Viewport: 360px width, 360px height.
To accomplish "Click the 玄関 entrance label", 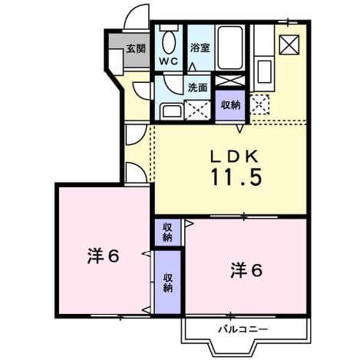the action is coord(136,48).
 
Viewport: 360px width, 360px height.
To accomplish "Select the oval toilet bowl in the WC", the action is coord(169,42).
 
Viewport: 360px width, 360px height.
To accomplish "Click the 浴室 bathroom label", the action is coord(200,48).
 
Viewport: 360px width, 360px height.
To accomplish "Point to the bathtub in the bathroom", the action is coord(230,48).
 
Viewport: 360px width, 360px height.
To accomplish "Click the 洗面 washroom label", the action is coord(197,88).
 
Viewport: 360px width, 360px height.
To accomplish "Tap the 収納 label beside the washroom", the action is coord(230,104).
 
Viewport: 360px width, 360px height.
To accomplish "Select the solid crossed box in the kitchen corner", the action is coord(289,45).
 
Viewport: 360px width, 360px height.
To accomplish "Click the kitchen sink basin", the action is coord(264,72).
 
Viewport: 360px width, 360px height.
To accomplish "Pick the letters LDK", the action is coord(234,157).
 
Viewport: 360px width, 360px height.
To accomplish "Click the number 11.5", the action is coord(236,177).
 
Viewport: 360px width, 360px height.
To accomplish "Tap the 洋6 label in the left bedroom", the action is coord(103,256).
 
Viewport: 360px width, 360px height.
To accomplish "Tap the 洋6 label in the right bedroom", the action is coord(246,270).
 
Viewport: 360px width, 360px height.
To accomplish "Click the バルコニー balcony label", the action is coord(243,329).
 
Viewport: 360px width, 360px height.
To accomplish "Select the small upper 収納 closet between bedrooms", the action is coord(168,233).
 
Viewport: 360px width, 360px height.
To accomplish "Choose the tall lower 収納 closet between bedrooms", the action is coord(168,282).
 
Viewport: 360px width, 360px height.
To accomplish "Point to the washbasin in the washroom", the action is coord(172,111).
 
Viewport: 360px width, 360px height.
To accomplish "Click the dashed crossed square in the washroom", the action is coord(197,111).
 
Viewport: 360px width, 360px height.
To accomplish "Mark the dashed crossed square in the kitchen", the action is coord(259,104).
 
